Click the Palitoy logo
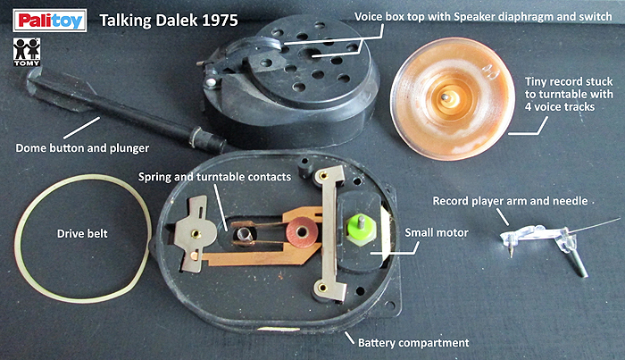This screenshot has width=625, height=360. (x=50, y=21)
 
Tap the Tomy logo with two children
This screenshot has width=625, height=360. (x=27, y=52)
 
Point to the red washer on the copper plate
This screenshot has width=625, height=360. (x=302, y=232)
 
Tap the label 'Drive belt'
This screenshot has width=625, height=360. (x=82, y=234)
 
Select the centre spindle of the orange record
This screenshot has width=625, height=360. (x=446, y=97)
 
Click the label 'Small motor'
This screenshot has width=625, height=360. (x=437, y=232)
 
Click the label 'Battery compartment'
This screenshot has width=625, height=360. (x=413, y=343)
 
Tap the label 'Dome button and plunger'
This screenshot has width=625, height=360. (x=82, y=148)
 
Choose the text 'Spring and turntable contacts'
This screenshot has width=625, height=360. (x=214, y=177)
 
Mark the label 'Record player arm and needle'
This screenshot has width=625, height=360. (x=510, y=201)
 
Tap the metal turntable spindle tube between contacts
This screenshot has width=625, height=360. (x=243, y=232)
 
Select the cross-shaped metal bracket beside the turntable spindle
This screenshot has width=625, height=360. (x=194, y=234)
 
